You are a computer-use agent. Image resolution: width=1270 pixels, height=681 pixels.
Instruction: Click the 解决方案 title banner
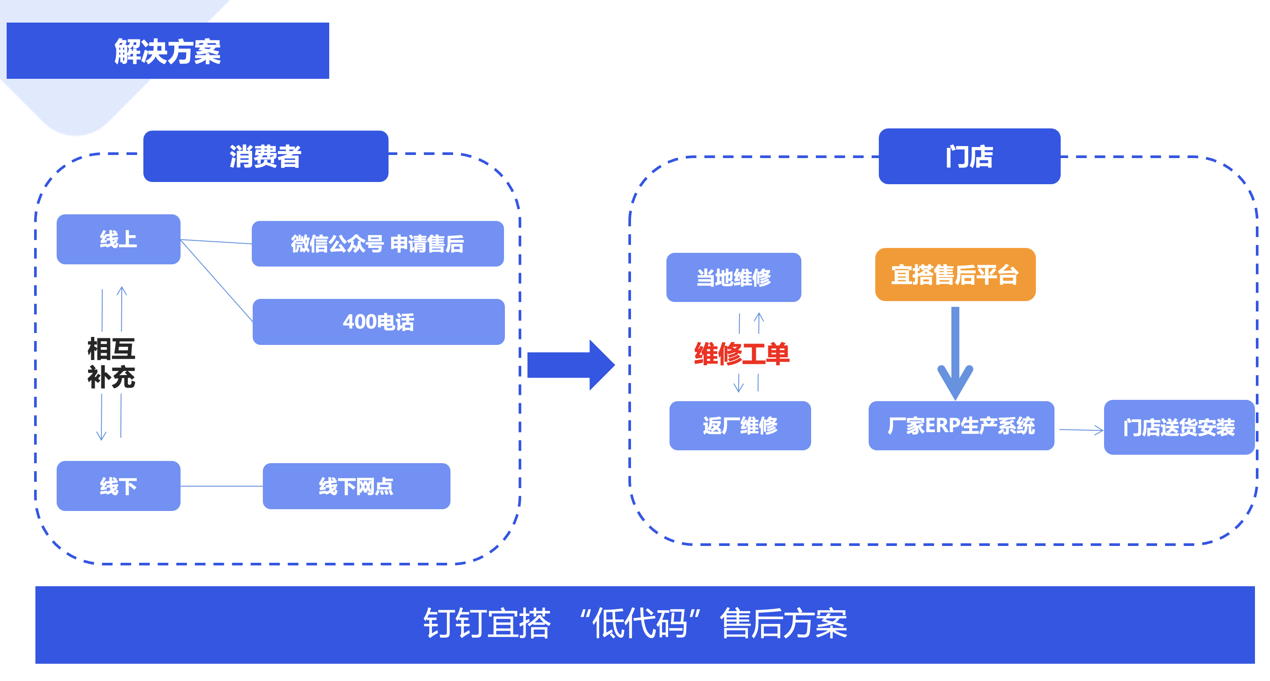coord(168,51)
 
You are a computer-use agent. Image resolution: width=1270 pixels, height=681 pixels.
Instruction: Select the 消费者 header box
coord(265,156)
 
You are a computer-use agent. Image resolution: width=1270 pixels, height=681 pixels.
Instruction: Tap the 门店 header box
coord(969,156)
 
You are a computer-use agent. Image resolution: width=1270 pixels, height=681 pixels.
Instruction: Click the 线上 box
coord(118,240)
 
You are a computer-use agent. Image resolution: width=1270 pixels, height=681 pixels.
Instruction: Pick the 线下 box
coord(118,486)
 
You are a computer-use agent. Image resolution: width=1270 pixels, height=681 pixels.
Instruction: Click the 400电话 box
coord(378,322)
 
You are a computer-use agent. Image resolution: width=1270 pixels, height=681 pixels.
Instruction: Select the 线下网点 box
coord(356,486)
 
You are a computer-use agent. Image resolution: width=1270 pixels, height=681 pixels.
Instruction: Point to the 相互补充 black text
coord(112,363)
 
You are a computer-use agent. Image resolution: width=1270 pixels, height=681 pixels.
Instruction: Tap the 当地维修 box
coord(734,277)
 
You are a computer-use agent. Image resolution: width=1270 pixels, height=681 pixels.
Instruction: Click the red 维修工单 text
coord(742,354)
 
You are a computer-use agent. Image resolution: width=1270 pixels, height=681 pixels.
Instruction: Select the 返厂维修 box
coord(739,426)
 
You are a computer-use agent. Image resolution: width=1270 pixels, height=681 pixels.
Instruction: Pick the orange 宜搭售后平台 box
coord(955,275)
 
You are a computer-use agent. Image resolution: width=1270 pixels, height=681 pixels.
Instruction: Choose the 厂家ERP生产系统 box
coord(961,426)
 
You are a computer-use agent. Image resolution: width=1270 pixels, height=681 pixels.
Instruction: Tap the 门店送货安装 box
coord(1179,427)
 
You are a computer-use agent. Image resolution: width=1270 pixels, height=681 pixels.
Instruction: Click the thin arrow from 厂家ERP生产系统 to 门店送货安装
coord(1081,430)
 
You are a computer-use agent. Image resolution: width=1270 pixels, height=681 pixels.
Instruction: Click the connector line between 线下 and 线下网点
coord(221,486)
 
